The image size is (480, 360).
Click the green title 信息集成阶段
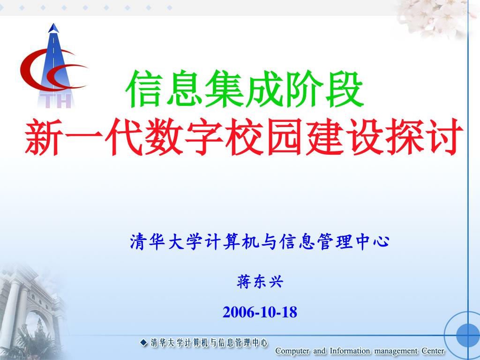[244, 89]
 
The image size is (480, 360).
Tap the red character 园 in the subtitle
[285, 137]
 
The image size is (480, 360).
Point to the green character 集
[225, 89]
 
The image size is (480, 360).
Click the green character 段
[345, 89]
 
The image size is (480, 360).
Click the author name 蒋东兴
[260, 282]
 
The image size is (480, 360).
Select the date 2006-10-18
[260, 312]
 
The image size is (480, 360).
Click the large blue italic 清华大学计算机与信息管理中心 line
[260, 241]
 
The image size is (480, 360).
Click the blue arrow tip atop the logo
[53, 28]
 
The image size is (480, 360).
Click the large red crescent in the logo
[30, 70]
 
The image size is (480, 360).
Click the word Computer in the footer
[292, 351]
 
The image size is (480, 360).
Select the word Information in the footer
[350, 351]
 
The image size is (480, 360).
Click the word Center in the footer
[433, 351]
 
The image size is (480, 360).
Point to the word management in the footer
[396, 351]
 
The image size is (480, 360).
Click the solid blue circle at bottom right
[468, 335]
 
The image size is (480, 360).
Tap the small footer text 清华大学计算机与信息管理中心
[209, 343]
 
